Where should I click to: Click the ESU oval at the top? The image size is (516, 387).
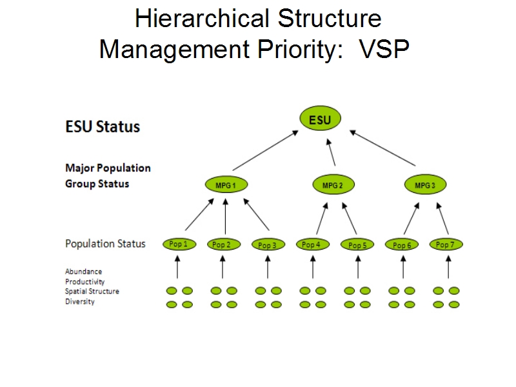tap(320, 119)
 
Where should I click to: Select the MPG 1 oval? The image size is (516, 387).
tap(226, 184)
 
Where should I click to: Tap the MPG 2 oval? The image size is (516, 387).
tap(333, 184)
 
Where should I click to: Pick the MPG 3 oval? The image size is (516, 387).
tap(425, 184)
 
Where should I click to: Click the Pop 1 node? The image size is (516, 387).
tap(179, 244)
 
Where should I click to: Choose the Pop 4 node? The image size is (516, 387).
tap(313, 244)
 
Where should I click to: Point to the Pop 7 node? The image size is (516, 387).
tap(446, 244)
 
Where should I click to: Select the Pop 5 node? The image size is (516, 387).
tap(357, 245)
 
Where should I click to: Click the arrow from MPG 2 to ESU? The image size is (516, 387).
tap(331, 152)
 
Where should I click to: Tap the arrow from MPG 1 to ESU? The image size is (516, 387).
tap(266, 150)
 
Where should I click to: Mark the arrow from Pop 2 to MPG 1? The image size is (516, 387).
tap(225, 216)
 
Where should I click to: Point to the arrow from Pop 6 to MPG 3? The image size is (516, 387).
tap(412, 219)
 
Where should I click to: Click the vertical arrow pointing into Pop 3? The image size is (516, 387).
tap(268, 267)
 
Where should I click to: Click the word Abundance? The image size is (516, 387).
tap(84, 272)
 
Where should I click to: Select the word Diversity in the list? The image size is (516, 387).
tap(80, 301)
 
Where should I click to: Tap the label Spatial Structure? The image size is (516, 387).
tap(92, 292)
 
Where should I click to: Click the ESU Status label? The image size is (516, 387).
tap(103, 126)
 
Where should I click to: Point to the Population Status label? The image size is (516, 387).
tap(105, 244)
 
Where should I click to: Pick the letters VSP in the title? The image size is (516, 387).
tap(384, 49)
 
